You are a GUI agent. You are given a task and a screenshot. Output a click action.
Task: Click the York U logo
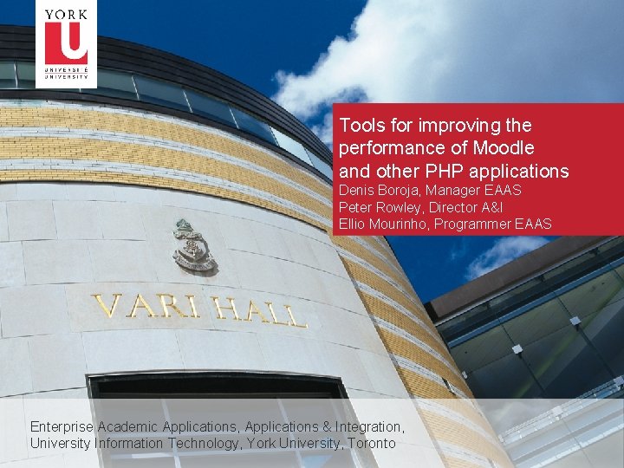66,43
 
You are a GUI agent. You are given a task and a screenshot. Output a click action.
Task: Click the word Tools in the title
361,125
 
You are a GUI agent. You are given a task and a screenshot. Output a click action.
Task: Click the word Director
453,207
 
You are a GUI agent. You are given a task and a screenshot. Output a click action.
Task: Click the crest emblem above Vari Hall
192,246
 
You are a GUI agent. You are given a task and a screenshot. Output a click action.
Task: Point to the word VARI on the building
132,307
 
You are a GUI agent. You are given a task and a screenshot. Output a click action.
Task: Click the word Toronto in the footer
371,443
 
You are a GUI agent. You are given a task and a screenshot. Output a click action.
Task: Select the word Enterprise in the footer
62,426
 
